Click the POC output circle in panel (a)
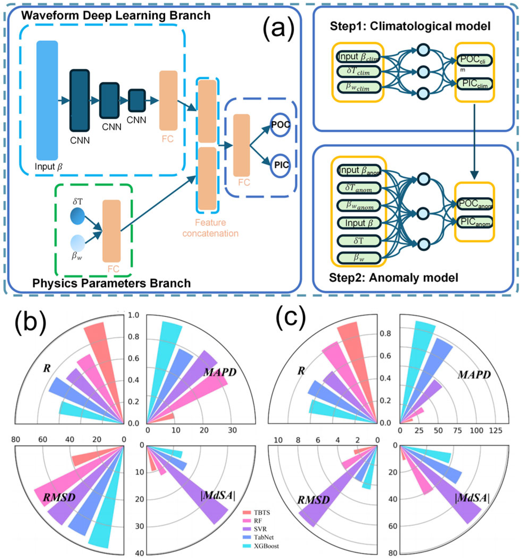(x=280, y=125)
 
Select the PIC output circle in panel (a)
(x=280, y=165)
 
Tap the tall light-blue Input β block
(x=47, y=100)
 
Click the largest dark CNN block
(x=80, y=100)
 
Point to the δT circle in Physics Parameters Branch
(x=77, y=216)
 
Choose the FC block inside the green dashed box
(x=111, y=231)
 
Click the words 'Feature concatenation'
(x=210, y=228)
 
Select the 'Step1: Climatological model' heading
(x=410, y=26)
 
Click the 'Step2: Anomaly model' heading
(x=394, y=278)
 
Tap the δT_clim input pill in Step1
(x=358, y=71)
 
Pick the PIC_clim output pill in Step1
(x=474, y=84)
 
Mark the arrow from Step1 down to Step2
(x=475, y=141)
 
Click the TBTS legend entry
(x=257, y=512)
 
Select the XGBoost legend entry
(x=260, y=546)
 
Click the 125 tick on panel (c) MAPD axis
(x=495, y=430)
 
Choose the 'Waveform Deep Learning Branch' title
(x=116, y=15)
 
